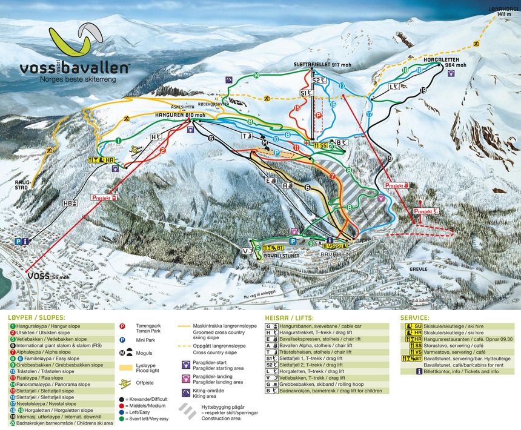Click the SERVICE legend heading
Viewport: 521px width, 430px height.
[x=415, y=317]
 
